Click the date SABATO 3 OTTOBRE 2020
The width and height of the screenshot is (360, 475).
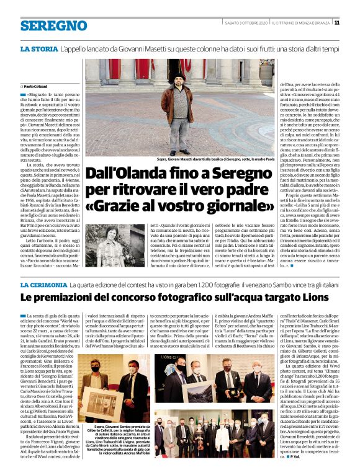click(246, 22)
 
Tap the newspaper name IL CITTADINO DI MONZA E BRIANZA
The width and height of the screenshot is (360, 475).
click(300, 22)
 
